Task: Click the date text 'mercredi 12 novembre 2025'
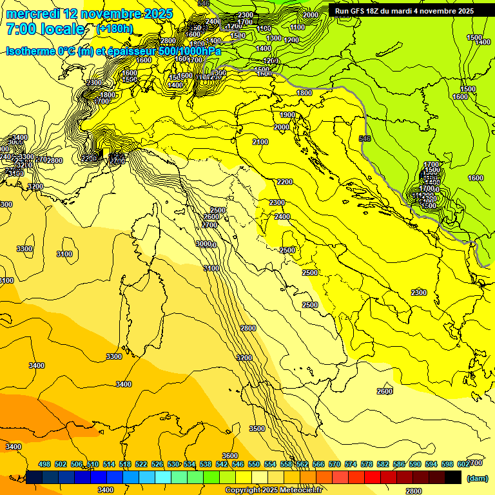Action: pos(89,14)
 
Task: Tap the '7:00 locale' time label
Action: pos(45,29)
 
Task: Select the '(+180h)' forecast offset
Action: pos(114,29)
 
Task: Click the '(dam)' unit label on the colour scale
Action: pos(476,478)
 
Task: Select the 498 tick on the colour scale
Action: pos(44,464)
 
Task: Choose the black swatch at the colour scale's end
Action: pos(453,477)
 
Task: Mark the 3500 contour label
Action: pos(257,429)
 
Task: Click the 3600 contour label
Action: pos(230,456)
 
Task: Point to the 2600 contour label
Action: pos(384,391)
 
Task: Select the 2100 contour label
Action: pos(260,142)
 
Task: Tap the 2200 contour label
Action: pos(284,182)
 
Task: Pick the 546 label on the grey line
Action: pos(365,139)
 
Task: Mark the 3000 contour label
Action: pos(205,244)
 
